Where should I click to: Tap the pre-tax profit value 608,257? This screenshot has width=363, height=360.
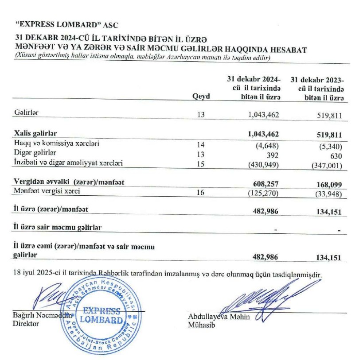(265, 184)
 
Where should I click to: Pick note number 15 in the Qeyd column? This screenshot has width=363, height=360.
(202, 163)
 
